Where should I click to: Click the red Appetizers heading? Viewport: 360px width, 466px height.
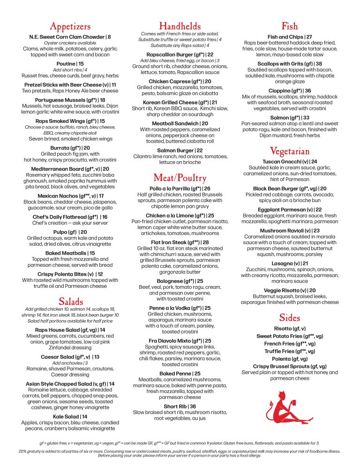70,26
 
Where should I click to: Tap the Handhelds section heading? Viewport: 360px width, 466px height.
180,25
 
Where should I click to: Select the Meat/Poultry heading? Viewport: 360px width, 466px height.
180,178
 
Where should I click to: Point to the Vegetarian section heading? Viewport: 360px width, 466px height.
289,151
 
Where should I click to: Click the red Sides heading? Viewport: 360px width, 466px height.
289,317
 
